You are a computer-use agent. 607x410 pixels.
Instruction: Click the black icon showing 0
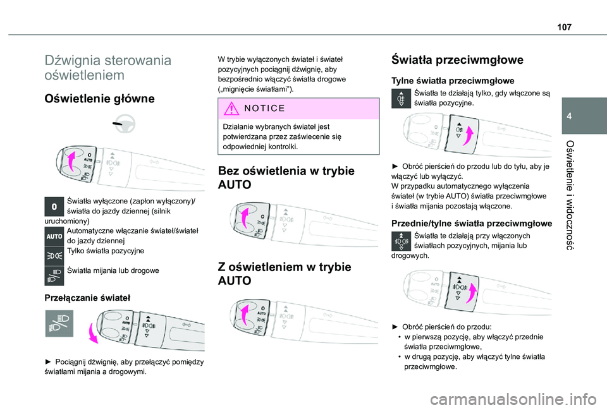coord(55,207)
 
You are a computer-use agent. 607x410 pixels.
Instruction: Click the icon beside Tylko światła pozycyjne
coord(55,255)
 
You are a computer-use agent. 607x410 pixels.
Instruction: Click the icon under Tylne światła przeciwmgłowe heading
coord(400,99)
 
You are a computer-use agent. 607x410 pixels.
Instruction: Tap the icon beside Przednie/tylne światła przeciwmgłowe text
coord(400,242)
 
